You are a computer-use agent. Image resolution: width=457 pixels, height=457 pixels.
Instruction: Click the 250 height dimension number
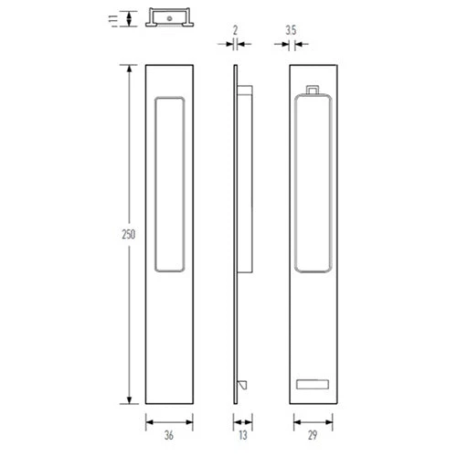(129, 234)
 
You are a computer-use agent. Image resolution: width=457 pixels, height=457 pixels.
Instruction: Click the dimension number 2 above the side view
(235, 30)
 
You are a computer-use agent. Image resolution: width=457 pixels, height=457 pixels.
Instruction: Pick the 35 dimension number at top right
(291, 30)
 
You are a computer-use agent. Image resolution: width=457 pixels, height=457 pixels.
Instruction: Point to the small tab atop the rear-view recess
(313, 90)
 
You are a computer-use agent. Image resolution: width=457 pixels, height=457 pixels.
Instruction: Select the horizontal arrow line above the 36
(170, 421)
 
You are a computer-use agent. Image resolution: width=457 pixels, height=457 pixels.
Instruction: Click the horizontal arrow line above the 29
(314, 421)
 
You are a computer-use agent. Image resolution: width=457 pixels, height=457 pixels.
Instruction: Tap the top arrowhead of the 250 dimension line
(129, 68)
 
